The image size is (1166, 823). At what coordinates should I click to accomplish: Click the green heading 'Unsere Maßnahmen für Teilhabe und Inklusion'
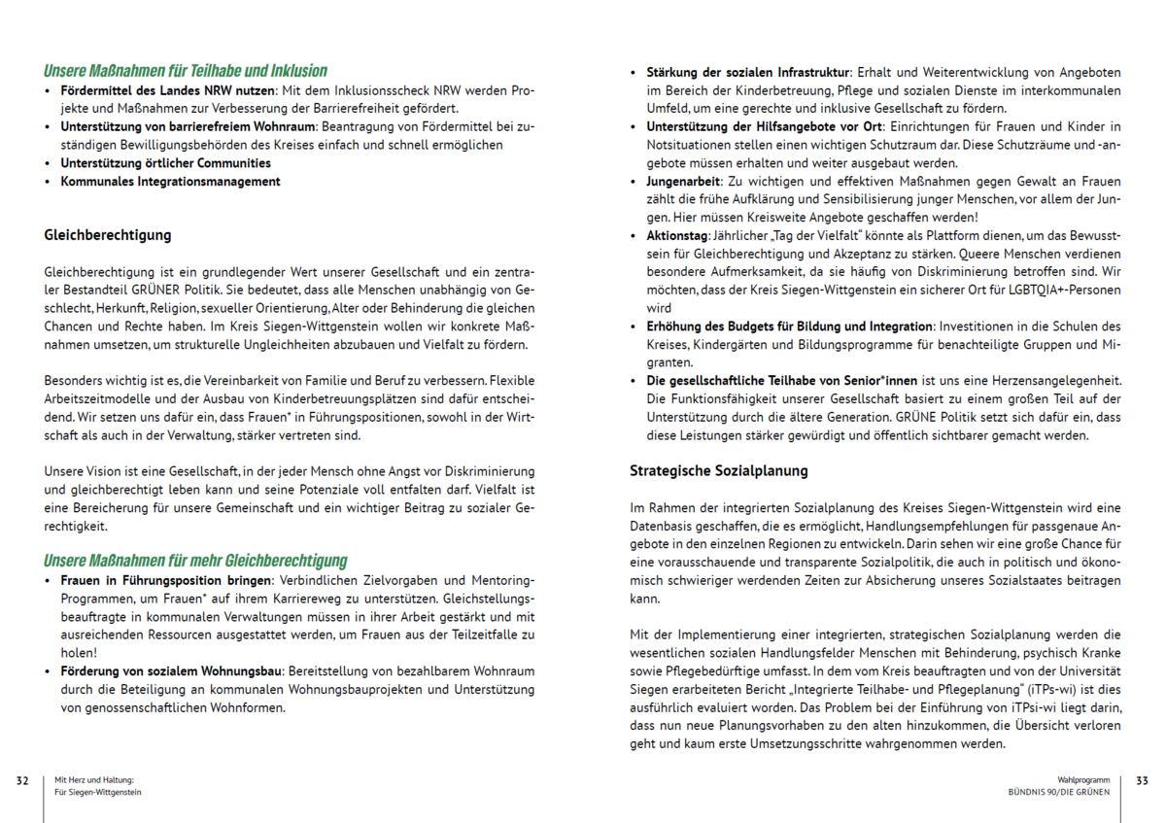pyautogui.click(x=186, y=71)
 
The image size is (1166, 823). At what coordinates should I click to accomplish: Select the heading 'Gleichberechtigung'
pyautogui.click(x=108, y=235)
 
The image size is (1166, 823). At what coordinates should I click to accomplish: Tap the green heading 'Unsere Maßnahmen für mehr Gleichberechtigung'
pyautogui.click(x=195, y=561)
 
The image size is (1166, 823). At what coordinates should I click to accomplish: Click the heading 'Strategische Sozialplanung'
pyautogui.click(x=719, y=471)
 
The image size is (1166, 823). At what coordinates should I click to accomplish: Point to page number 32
pyautogui.click(x=22, y=780)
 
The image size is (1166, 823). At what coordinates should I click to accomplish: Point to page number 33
pyautogui.click(x=1142, y=780)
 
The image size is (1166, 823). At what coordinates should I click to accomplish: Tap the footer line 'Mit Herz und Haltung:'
pyautogui.click(x=93, y=779)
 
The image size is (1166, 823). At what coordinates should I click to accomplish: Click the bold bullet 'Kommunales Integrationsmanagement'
pyautogui.click(x=170, y=182)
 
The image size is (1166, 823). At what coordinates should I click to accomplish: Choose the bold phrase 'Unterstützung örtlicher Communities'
pyautogui.click(x=165, y=163)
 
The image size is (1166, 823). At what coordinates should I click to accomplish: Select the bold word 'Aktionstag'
pyautogui.click(x=676, y=236)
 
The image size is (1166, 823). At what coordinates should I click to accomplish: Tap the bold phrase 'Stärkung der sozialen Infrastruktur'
pyautogui.click(x=748, y=73)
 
